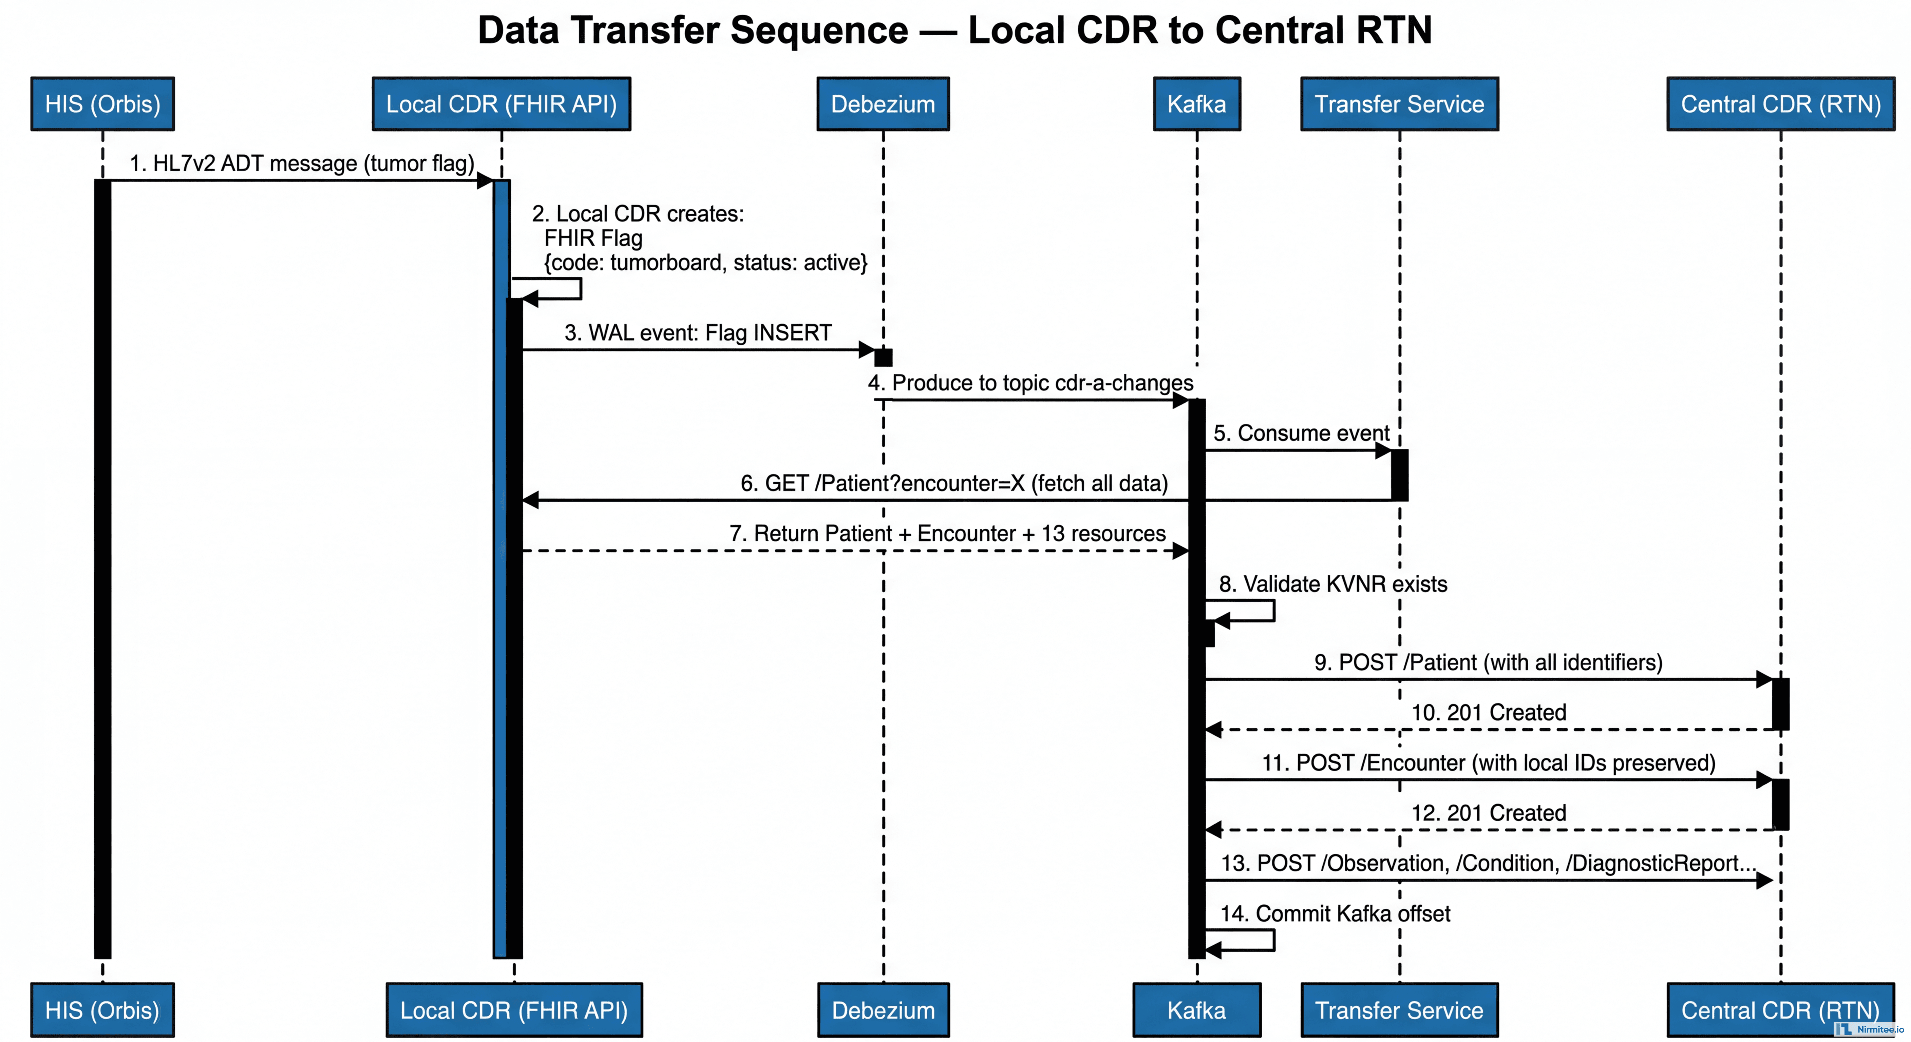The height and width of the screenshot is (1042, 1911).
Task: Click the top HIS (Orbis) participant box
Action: point(102,104)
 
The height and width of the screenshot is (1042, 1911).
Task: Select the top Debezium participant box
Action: point(883,104)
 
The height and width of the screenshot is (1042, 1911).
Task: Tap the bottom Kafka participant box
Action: point(1196,1010)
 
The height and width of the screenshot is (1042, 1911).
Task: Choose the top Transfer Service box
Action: point(1399,104)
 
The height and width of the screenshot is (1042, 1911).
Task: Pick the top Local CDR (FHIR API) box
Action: point(502,104)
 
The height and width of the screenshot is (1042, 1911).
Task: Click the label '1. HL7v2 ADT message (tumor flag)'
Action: point(302,163)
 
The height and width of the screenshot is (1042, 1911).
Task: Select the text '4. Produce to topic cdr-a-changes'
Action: point(1030,383)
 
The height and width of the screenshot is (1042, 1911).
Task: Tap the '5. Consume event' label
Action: point(1301,433)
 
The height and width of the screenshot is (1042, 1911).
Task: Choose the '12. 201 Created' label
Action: point(1488,813)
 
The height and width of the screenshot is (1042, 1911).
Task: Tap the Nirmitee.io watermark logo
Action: point(1868,1029)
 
